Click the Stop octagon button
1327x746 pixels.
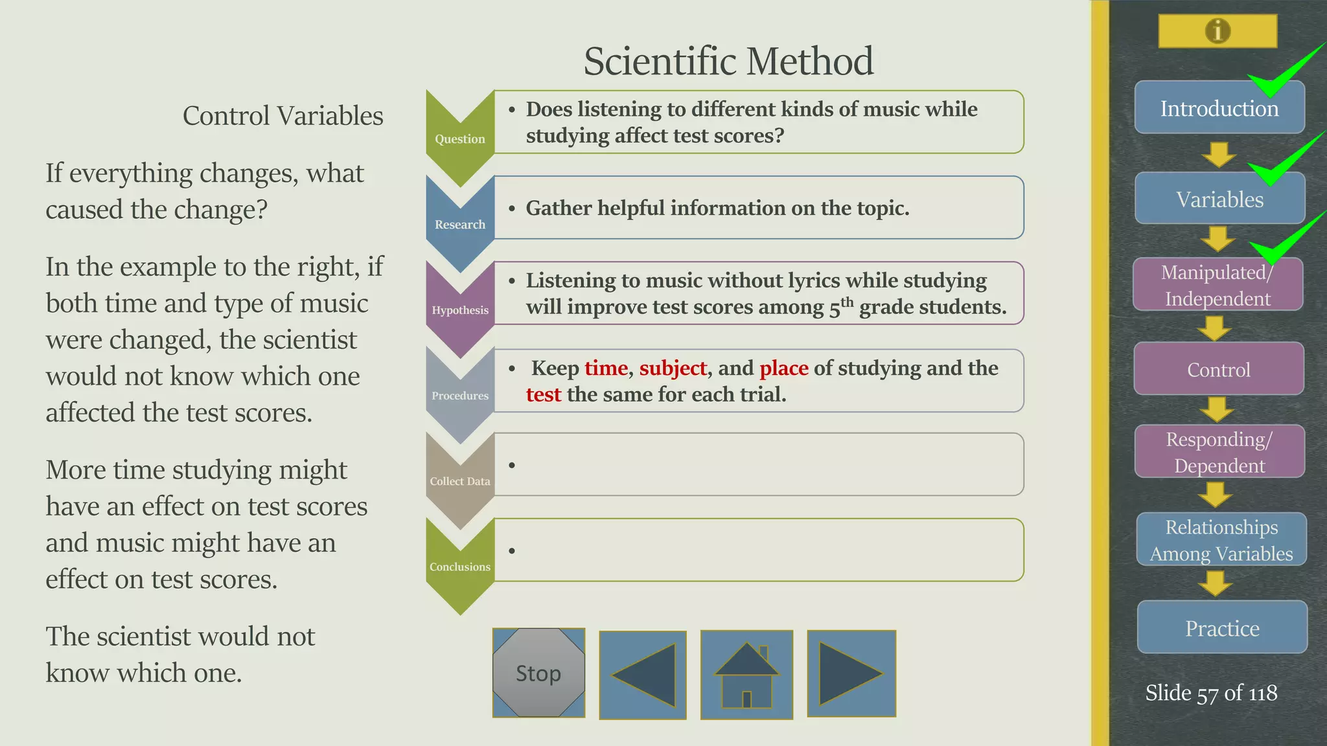(x=538, y=673)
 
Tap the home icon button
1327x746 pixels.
(x=746, y=675)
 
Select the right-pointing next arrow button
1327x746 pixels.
(x=851, y=673)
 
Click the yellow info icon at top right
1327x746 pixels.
(x=1217, y=30)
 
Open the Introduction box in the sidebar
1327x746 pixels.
(x=1219, y=108)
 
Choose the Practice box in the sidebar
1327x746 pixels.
(x=1222, y=628)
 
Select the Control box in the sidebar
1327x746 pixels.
(x=1218, y=370)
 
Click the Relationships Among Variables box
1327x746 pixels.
(x=1221, y=540)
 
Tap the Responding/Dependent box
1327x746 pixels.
(x=1219, y=452)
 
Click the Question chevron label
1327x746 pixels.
(x=459, y=139)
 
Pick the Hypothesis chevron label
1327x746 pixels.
(x=460, y=310)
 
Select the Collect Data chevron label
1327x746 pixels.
(x=460, y=481)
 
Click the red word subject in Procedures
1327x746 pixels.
(x=673, y=368)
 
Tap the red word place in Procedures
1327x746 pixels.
(x=783, y=368)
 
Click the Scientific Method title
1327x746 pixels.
(x=728, y=61)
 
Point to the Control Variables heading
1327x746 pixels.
(x=283, y=116)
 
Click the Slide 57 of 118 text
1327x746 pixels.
(x=1210, y=693)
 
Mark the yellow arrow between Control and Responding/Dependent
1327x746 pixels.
(x=1216, y=409)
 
